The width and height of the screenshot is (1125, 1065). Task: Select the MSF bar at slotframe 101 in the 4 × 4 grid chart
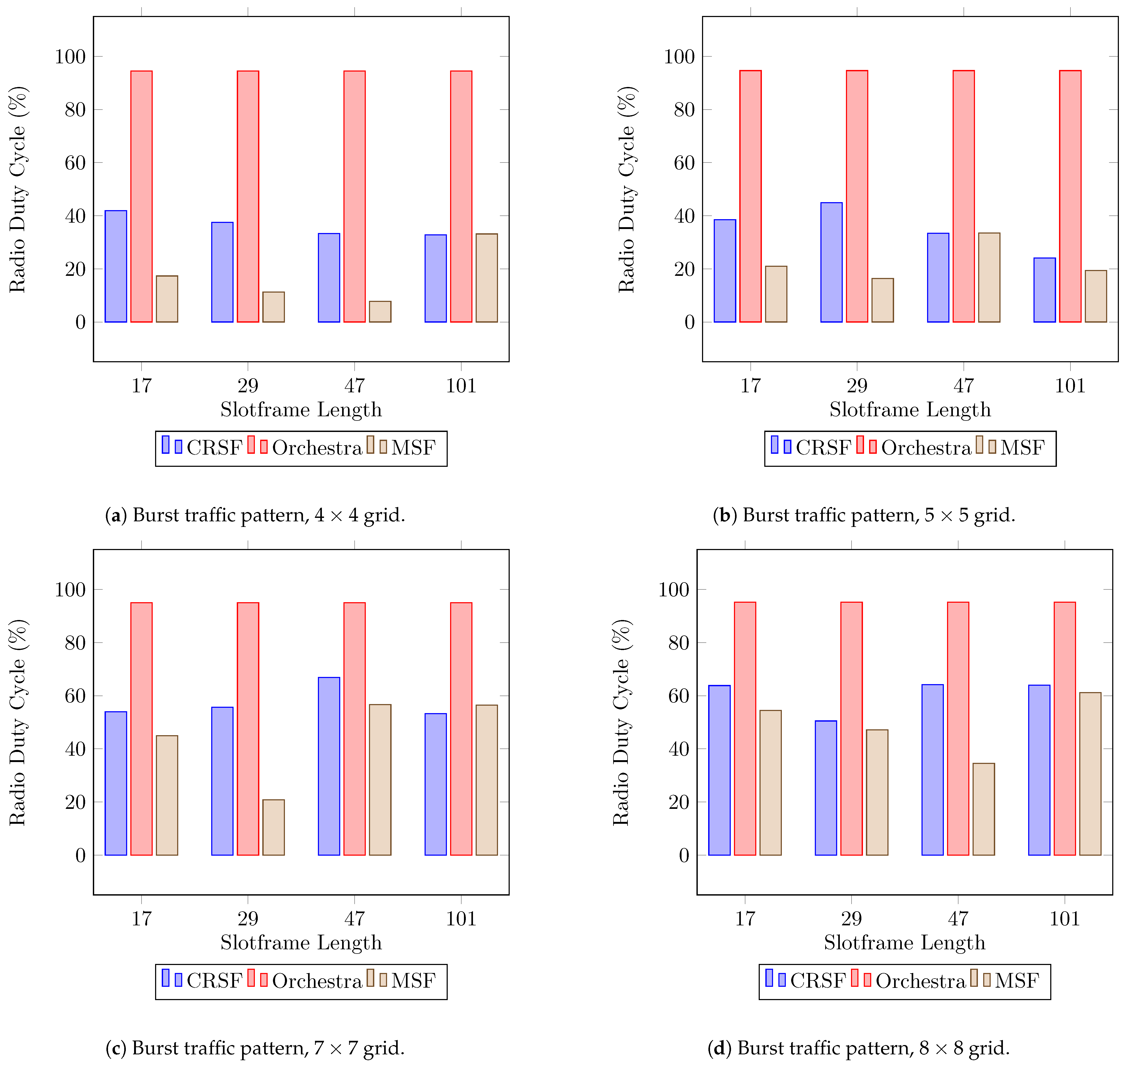point(487,278)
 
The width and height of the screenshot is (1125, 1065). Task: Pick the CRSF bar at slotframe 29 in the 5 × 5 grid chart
point(831,262)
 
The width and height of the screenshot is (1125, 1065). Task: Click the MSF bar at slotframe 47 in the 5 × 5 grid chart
point(989,278)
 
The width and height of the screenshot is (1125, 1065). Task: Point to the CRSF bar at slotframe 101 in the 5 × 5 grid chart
point(1044,290)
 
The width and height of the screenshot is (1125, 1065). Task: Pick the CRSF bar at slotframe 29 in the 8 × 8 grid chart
point(826,788)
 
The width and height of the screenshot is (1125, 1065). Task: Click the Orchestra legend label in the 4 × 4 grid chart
point(317,448)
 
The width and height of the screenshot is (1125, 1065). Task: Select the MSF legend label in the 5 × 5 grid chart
point(1022,448)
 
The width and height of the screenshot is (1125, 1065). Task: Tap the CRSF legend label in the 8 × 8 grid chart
point(818,981)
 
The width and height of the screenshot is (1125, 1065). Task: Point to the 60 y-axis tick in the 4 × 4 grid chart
point(75,163)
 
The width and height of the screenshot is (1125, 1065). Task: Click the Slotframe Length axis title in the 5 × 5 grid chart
point(910,409)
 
